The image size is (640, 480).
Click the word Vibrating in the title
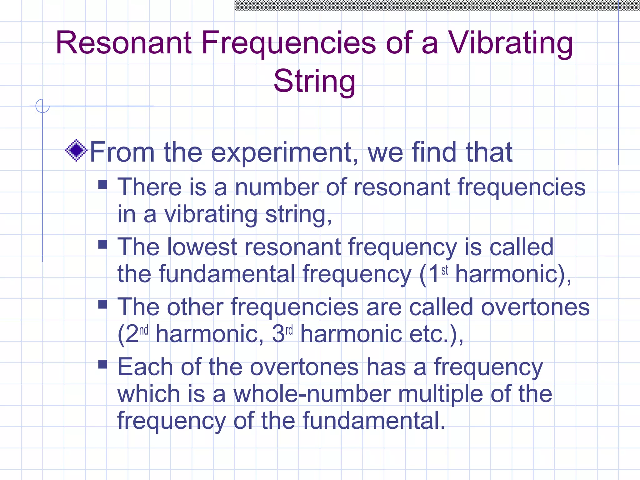[x=511, y=44]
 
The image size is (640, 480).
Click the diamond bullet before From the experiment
[x=76, y=150]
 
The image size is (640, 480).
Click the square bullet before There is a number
[x=102, y=184]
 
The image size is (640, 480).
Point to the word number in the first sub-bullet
[x=277, y=187]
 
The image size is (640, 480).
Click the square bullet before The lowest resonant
[x=102, y=244]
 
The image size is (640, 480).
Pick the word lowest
[x=202, y=247]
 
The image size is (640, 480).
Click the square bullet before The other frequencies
[x=102, y=304]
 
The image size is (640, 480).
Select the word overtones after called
[x=535, y=307]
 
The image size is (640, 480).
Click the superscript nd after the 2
[x=144, y=330]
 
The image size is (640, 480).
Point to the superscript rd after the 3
[x=289, y=330]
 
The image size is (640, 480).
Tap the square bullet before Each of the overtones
[x=102, y=364]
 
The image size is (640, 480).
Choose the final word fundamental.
[x=373, y=421]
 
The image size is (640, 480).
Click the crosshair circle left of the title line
[x=42, y=106]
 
